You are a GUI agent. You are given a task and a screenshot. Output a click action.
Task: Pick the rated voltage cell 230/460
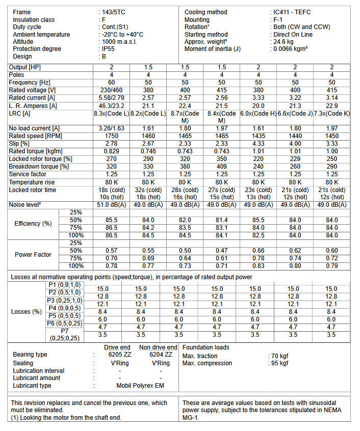(111, 90)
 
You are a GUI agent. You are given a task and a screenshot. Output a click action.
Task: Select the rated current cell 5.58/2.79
(111, 97)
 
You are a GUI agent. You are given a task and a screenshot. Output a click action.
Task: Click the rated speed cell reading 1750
(111, 136)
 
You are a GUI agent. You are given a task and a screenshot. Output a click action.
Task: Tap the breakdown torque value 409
(222, 167)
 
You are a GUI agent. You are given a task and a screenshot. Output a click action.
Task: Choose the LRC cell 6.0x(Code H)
(258, 113)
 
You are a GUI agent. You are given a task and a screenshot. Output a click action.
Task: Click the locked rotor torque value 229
(295, 159)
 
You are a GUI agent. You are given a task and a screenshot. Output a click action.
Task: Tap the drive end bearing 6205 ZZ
(119, 355)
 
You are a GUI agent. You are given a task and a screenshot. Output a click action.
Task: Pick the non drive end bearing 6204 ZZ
(161, 355)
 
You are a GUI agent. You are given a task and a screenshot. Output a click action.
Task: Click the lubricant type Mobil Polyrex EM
(140, 386)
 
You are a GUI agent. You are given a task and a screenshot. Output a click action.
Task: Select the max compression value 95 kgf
(280, 363)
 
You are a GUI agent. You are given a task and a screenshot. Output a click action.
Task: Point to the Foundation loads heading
(206, 347)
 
